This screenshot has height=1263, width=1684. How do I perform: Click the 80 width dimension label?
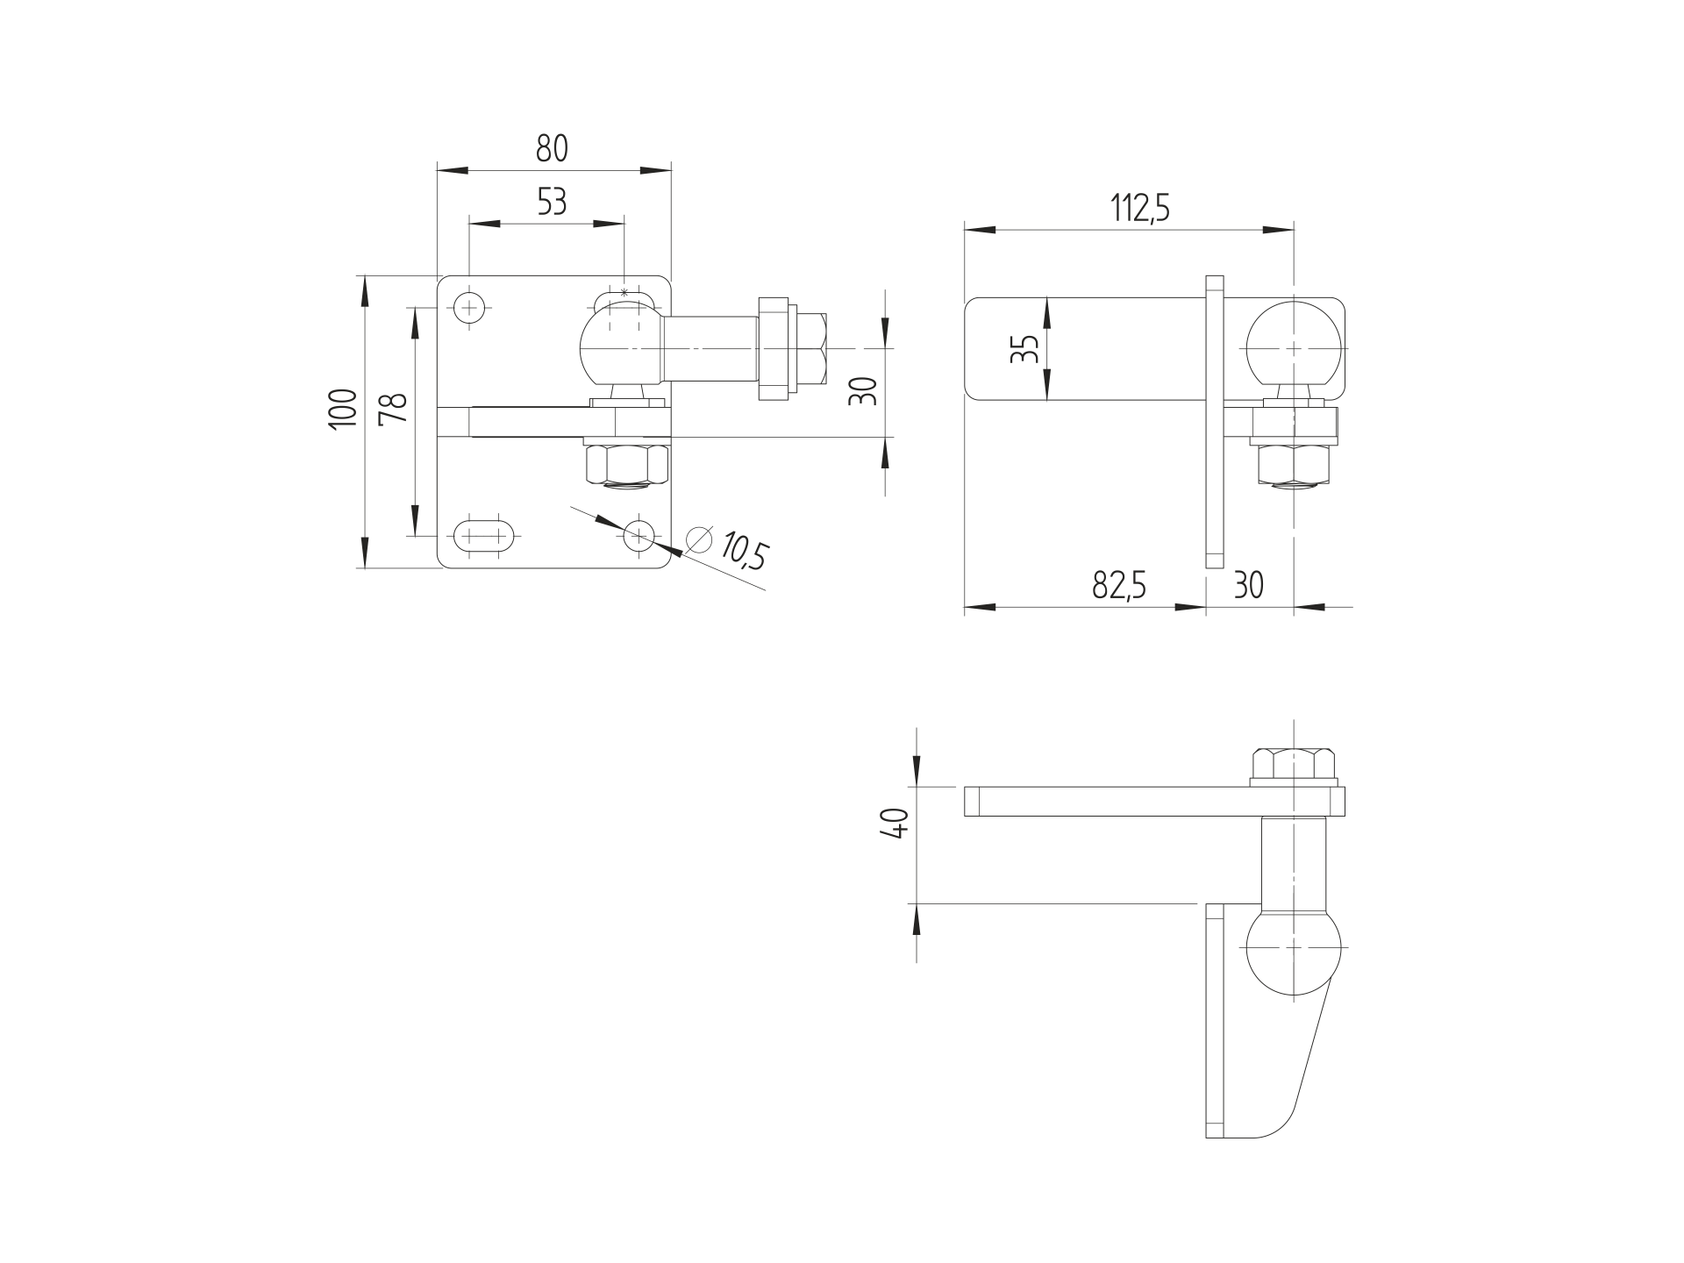click(x=552, y=148)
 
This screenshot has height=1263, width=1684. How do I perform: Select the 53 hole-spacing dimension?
click(x=552, y=202)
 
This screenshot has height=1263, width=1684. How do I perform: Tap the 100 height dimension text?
click(x=344, y=409)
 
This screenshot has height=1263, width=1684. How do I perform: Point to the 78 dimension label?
click(x=394, y=409)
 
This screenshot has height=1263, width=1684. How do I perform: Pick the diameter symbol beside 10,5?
click(x=699, y=540)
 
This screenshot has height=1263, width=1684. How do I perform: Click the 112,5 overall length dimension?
click(x=1140, y=209)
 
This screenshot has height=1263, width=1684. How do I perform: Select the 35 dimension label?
click(x=1024, y=348)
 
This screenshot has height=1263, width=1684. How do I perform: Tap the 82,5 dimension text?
click(x=1119, y=584)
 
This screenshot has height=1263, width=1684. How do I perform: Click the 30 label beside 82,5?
click(x=1249, y=584)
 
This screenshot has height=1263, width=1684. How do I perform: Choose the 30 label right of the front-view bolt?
click(x=864, y=390)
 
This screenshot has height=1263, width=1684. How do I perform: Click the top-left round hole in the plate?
click(x=470, y=307)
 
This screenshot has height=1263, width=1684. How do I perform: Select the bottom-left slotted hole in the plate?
click(x=482, y=533)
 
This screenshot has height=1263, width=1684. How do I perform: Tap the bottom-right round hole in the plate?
click(x=640, y=534)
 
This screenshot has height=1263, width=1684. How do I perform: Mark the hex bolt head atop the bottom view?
click(x=1295, y=763)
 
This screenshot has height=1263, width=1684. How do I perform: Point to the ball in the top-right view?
click(x=1295, y=349)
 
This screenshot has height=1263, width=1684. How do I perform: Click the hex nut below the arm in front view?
click(x=626, y=464)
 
